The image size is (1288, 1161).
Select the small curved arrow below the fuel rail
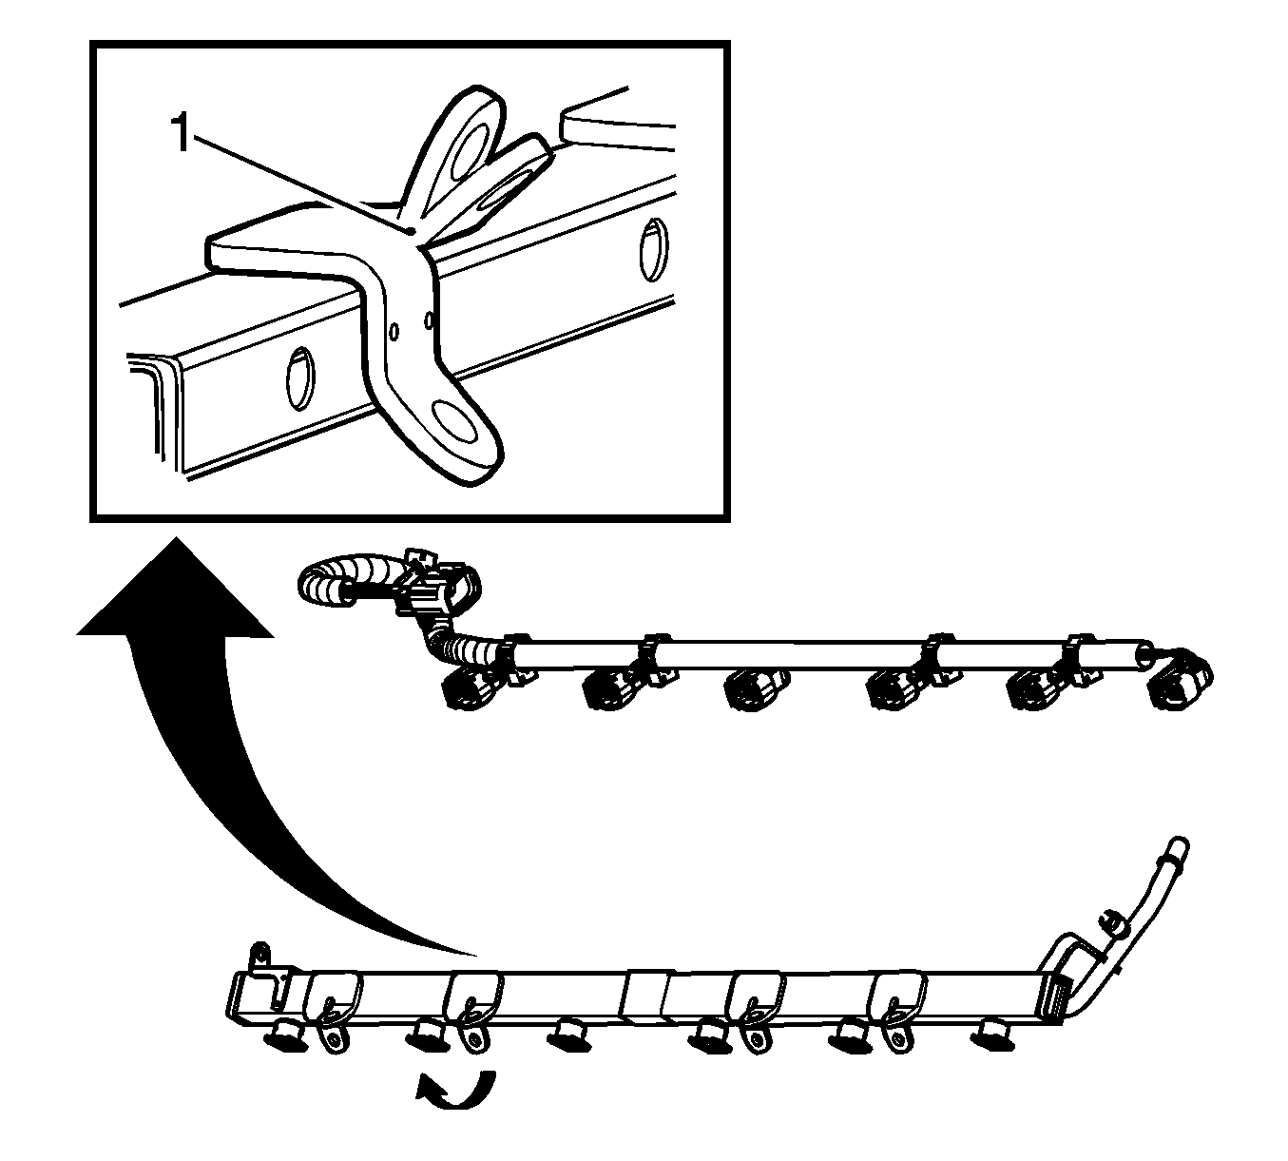pos(456,1091)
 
